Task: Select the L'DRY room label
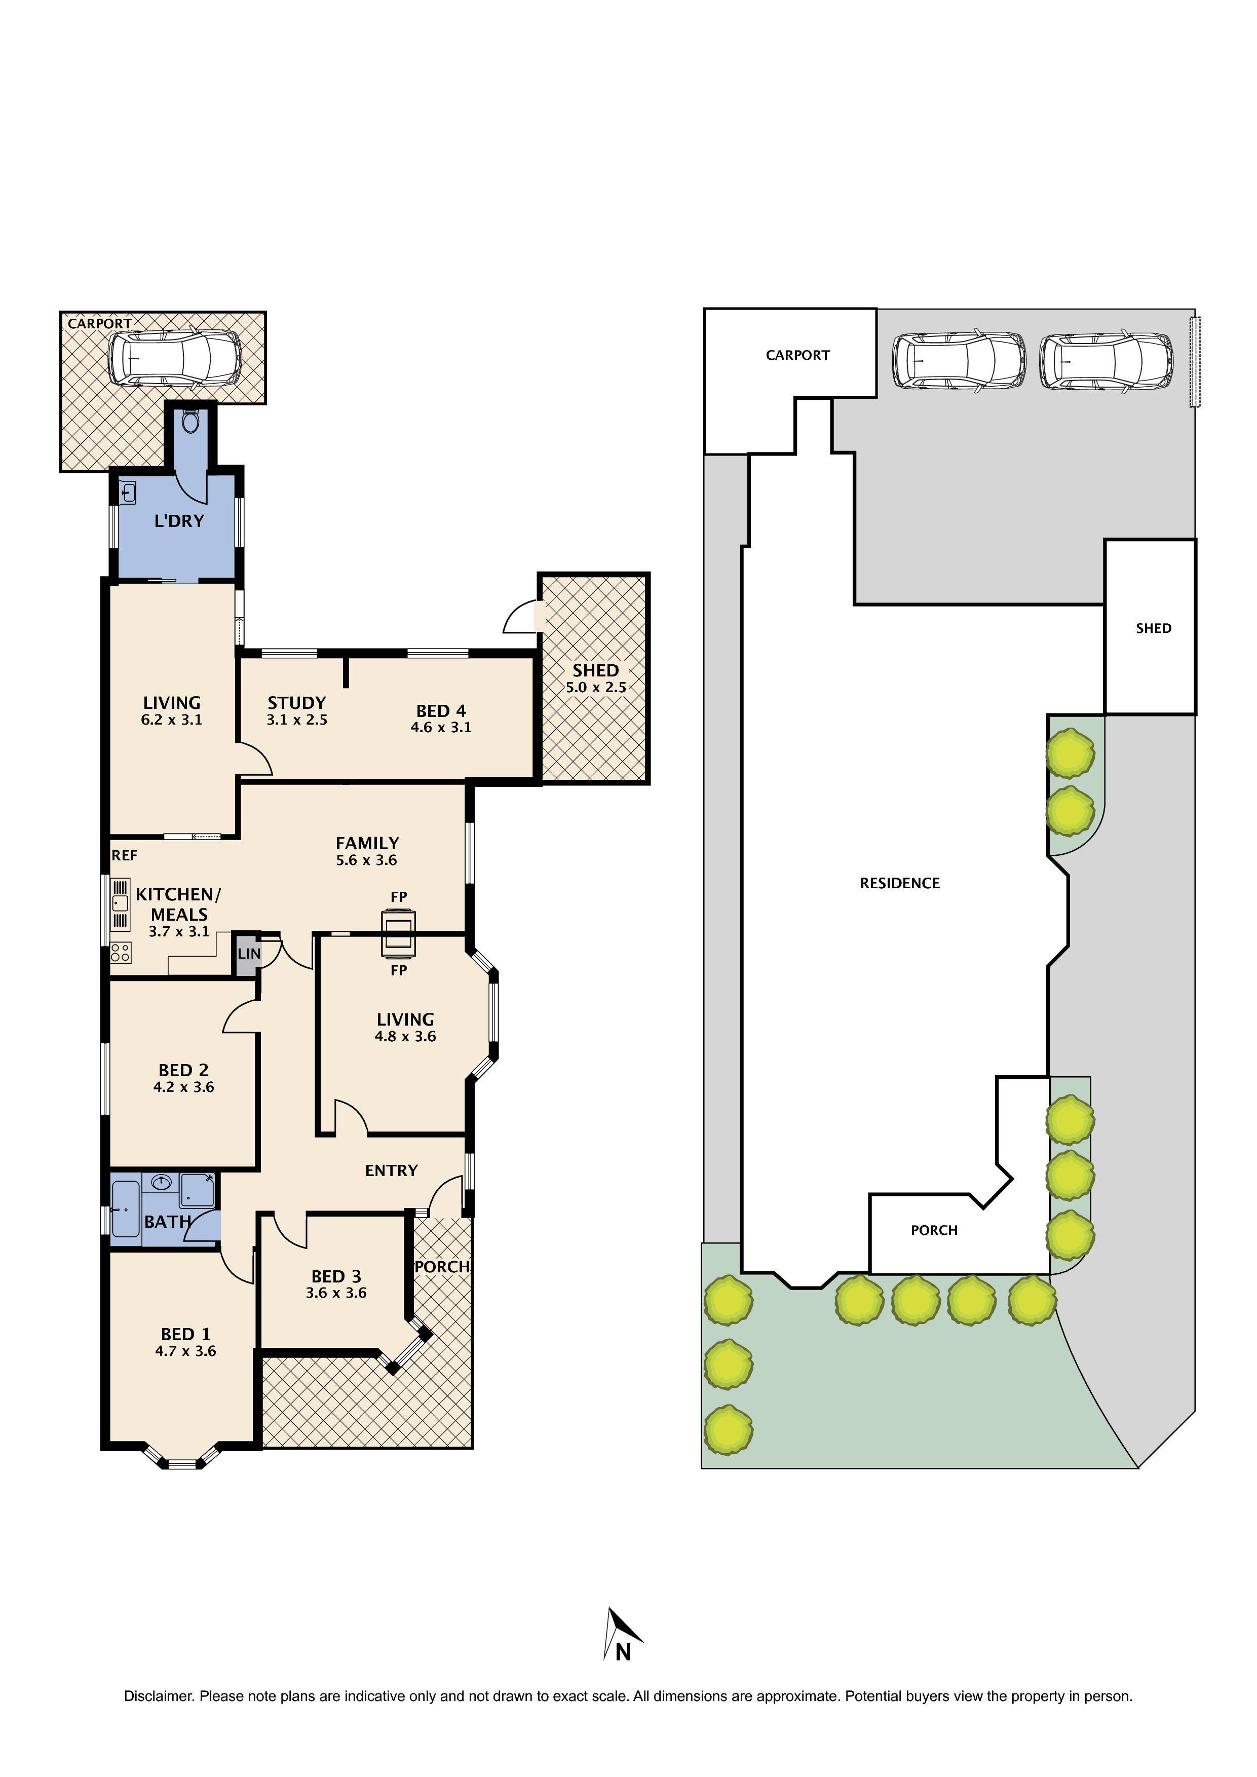[179, 521]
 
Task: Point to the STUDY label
[296, 703]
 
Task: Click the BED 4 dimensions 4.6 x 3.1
[440, 728]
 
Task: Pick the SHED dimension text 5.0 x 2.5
[595, 687]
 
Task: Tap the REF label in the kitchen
[125, 855]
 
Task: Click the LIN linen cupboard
[248, 954]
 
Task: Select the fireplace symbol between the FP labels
[398, 933]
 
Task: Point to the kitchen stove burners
[121, 953]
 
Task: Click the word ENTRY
[391, 1171]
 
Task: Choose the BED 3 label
[336, 1276]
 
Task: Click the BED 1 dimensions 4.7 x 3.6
[185, 1351]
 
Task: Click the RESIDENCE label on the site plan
[899, 883]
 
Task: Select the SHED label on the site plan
[1153, 628]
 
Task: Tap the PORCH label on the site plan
[933, 1230]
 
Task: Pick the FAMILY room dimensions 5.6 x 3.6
[367, 860]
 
